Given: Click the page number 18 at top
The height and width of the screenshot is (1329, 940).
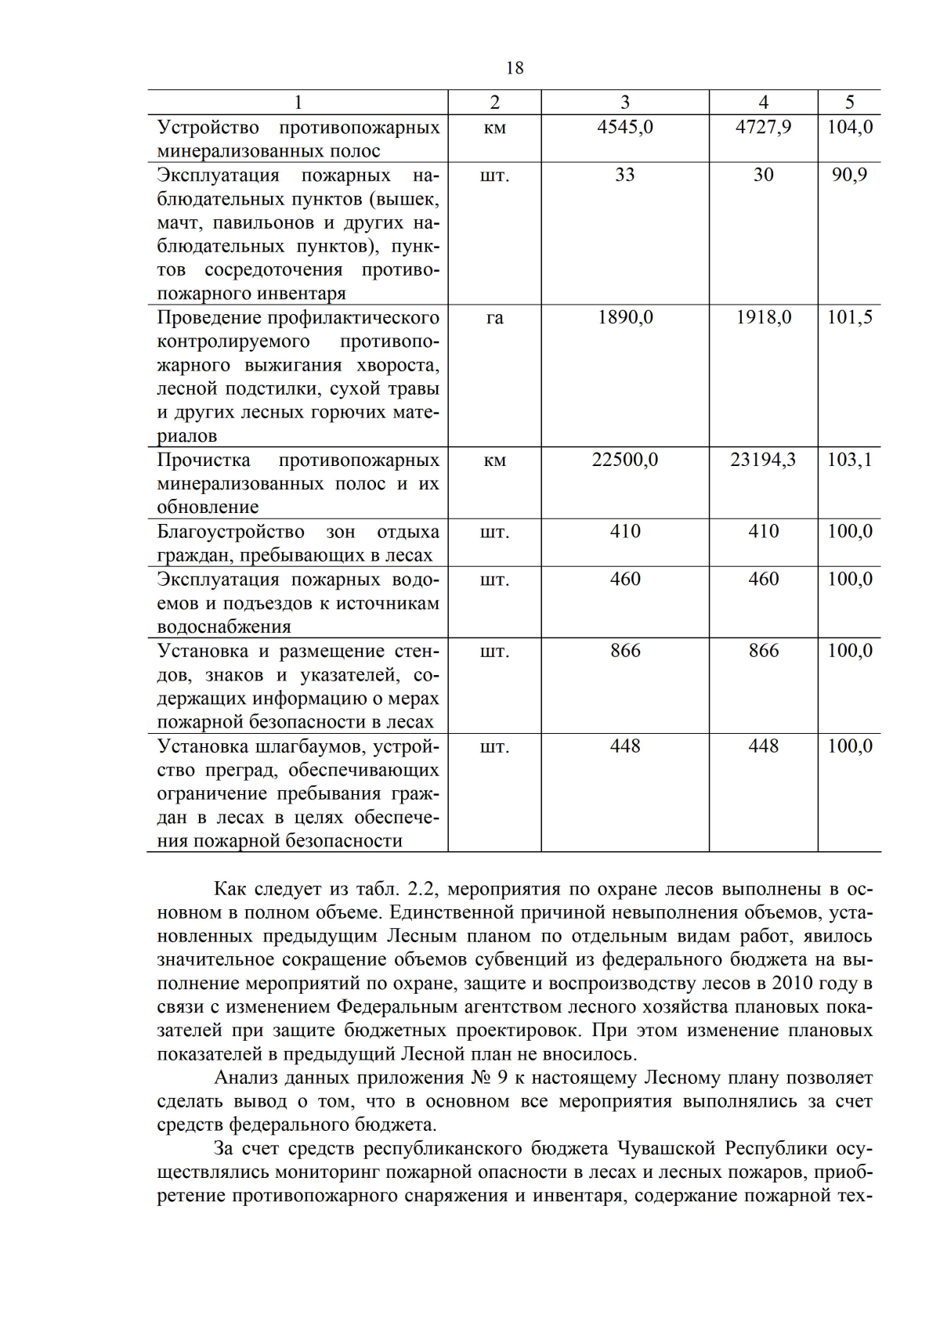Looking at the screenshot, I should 515,68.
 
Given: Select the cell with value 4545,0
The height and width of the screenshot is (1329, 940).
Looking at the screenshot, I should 624,127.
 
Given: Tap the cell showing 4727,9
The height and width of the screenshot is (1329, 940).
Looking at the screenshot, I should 763,127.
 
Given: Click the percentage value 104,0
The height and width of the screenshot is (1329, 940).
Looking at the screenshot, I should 850,127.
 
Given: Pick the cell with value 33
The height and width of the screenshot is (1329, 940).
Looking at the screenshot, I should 624,175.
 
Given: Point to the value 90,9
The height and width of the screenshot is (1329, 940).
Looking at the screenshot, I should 850,175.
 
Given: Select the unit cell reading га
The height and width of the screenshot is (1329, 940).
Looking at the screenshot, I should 494,317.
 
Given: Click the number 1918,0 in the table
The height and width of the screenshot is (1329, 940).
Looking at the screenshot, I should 763,317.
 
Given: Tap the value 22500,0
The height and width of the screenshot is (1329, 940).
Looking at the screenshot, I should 624,460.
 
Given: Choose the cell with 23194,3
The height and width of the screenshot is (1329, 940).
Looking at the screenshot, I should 763,460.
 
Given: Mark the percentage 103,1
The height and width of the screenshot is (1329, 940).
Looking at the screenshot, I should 850,460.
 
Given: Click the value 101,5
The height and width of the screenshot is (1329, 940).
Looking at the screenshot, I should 850,317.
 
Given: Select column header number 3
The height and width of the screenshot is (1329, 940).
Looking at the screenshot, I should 624,103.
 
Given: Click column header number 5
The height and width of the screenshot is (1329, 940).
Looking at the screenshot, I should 850,103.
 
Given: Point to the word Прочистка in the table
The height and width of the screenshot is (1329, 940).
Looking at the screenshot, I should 204,460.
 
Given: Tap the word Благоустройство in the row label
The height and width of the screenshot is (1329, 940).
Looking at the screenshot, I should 230,532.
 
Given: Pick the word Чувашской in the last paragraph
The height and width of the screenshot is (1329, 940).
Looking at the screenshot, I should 669,1149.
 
